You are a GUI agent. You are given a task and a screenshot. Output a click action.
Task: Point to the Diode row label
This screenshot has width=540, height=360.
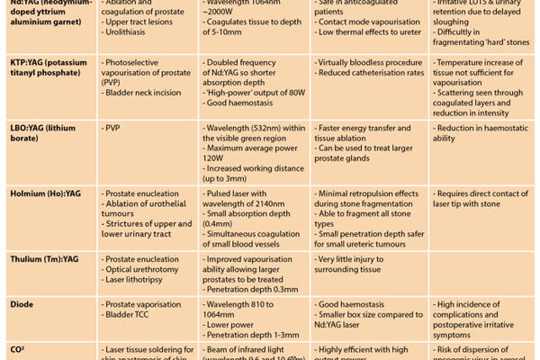pyautogui.click(x=23, y=306)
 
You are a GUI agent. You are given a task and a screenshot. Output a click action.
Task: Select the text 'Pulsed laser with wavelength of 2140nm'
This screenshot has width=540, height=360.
pyautogui.click(x=252, y=199)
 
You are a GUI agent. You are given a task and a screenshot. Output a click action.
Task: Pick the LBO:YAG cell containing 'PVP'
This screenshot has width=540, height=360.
pyautogui.click(x=113, y=128)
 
